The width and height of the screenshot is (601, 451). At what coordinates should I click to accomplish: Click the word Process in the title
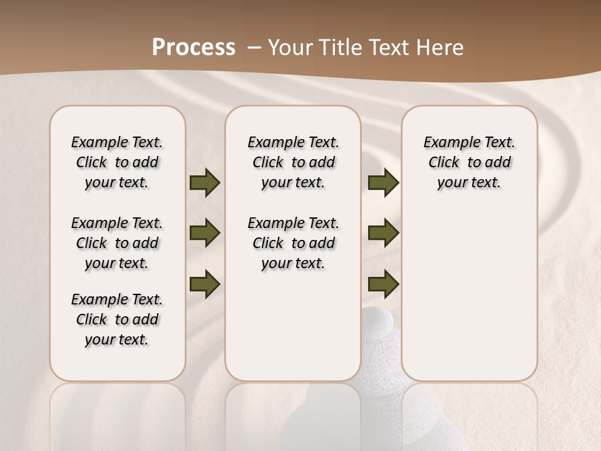pyautogui.click(x=193, y=48)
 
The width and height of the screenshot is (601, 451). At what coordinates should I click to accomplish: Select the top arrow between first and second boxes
pyautogui.click(x=205, y=183)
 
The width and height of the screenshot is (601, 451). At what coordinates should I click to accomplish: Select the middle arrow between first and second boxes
pyautogui.click(x=205, y=233)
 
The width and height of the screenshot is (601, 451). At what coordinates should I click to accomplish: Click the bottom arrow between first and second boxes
pyautogui.click(x=205, y=284)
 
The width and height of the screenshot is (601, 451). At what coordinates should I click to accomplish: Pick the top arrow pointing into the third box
pyautogui.click(x=383, y=183)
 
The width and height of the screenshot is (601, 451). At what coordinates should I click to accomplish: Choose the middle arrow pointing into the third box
pyautogui.click(x=383, y=233)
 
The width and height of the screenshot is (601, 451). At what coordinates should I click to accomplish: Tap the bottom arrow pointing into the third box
pyautogui.click(x=383, y=284)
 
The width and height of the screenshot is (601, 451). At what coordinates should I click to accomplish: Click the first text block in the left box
pyautogui.click(x=117, y=162)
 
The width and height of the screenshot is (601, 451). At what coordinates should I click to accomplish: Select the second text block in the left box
pyautogui.click(x=117, y=243)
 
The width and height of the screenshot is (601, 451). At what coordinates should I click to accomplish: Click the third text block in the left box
pyautogui.click(x=117, y=319)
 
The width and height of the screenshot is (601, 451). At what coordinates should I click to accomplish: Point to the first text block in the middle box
pyautogui.click(x=294, y=162)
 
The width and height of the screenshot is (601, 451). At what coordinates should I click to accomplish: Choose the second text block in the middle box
pyautogui.click(x=294, y=243)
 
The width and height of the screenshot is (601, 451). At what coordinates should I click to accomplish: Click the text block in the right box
pyautogui.click(x=470, y=162)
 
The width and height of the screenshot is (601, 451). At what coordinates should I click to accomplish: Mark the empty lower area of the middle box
pyautogui.click(x=294, y=332)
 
